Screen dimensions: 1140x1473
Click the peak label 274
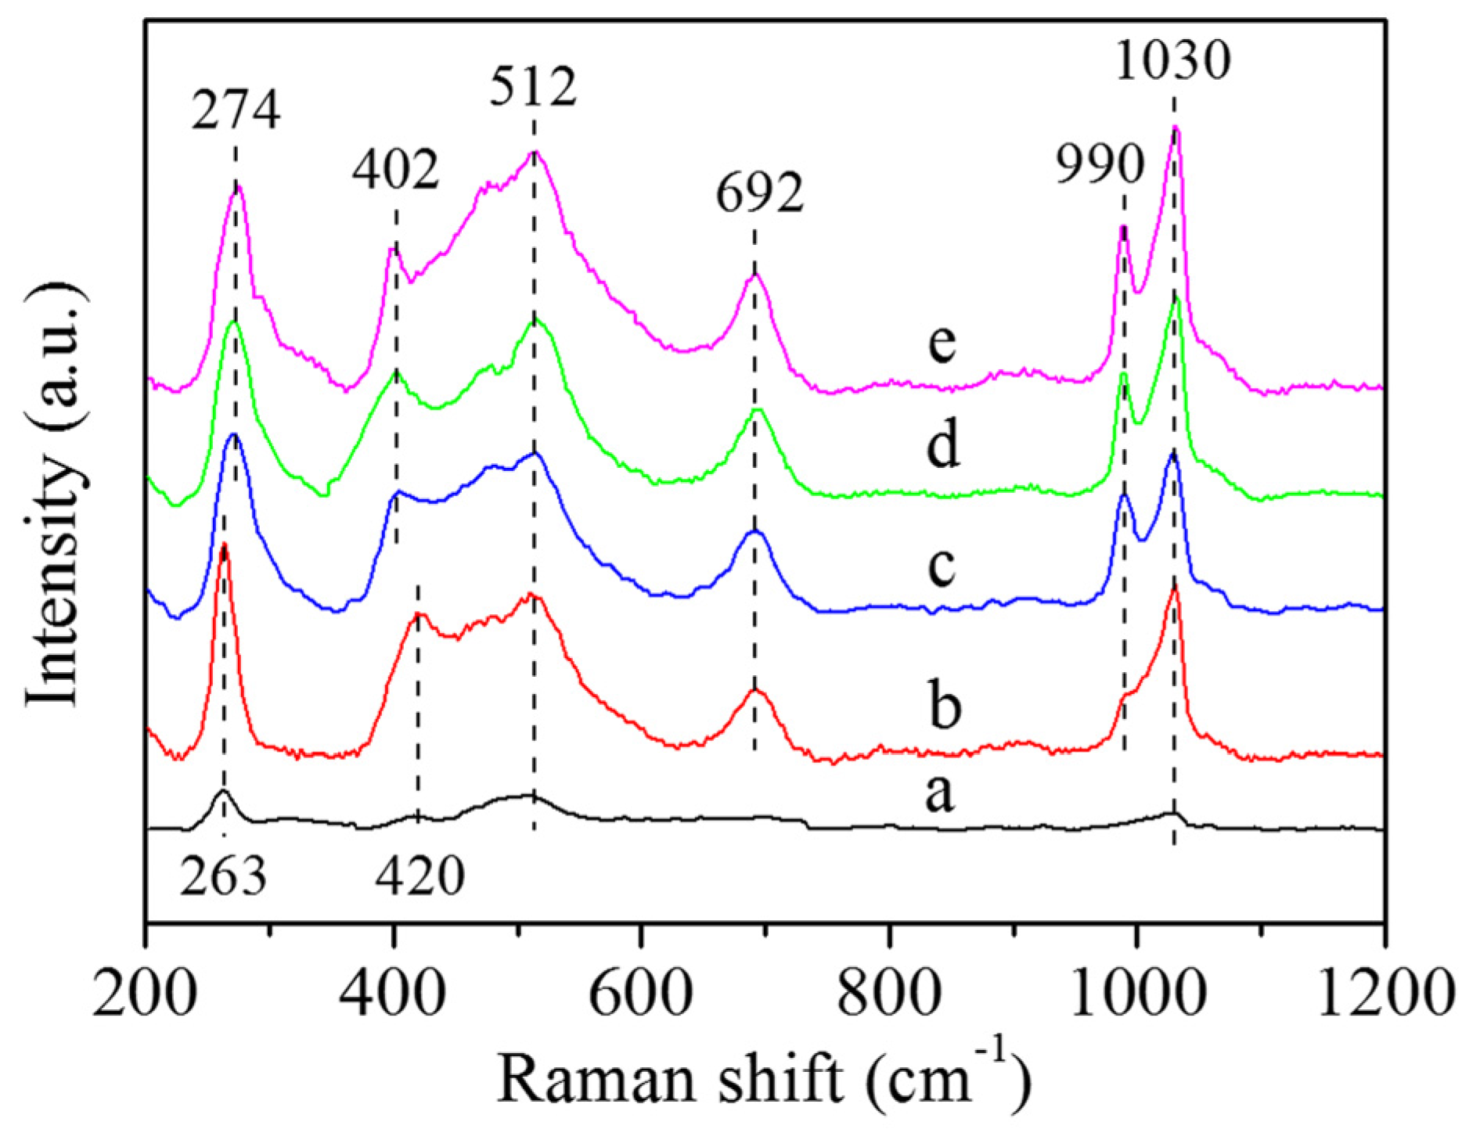(x=236, y=110)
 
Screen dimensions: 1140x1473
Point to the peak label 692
(x=759, y=194)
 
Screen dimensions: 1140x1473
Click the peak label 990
(x=1100, y=166)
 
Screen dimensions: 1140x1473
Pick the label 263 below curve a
(x=223, y=877)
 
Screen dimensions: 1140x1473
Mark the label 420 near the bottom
(x=420, y=877)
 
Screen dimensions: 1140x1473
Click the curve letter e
(x=942, y=343)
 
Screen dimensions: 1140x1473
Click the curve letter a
(x=939, y=794)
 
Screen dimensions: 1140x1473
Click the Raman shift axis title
(x=763, y=1080)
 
